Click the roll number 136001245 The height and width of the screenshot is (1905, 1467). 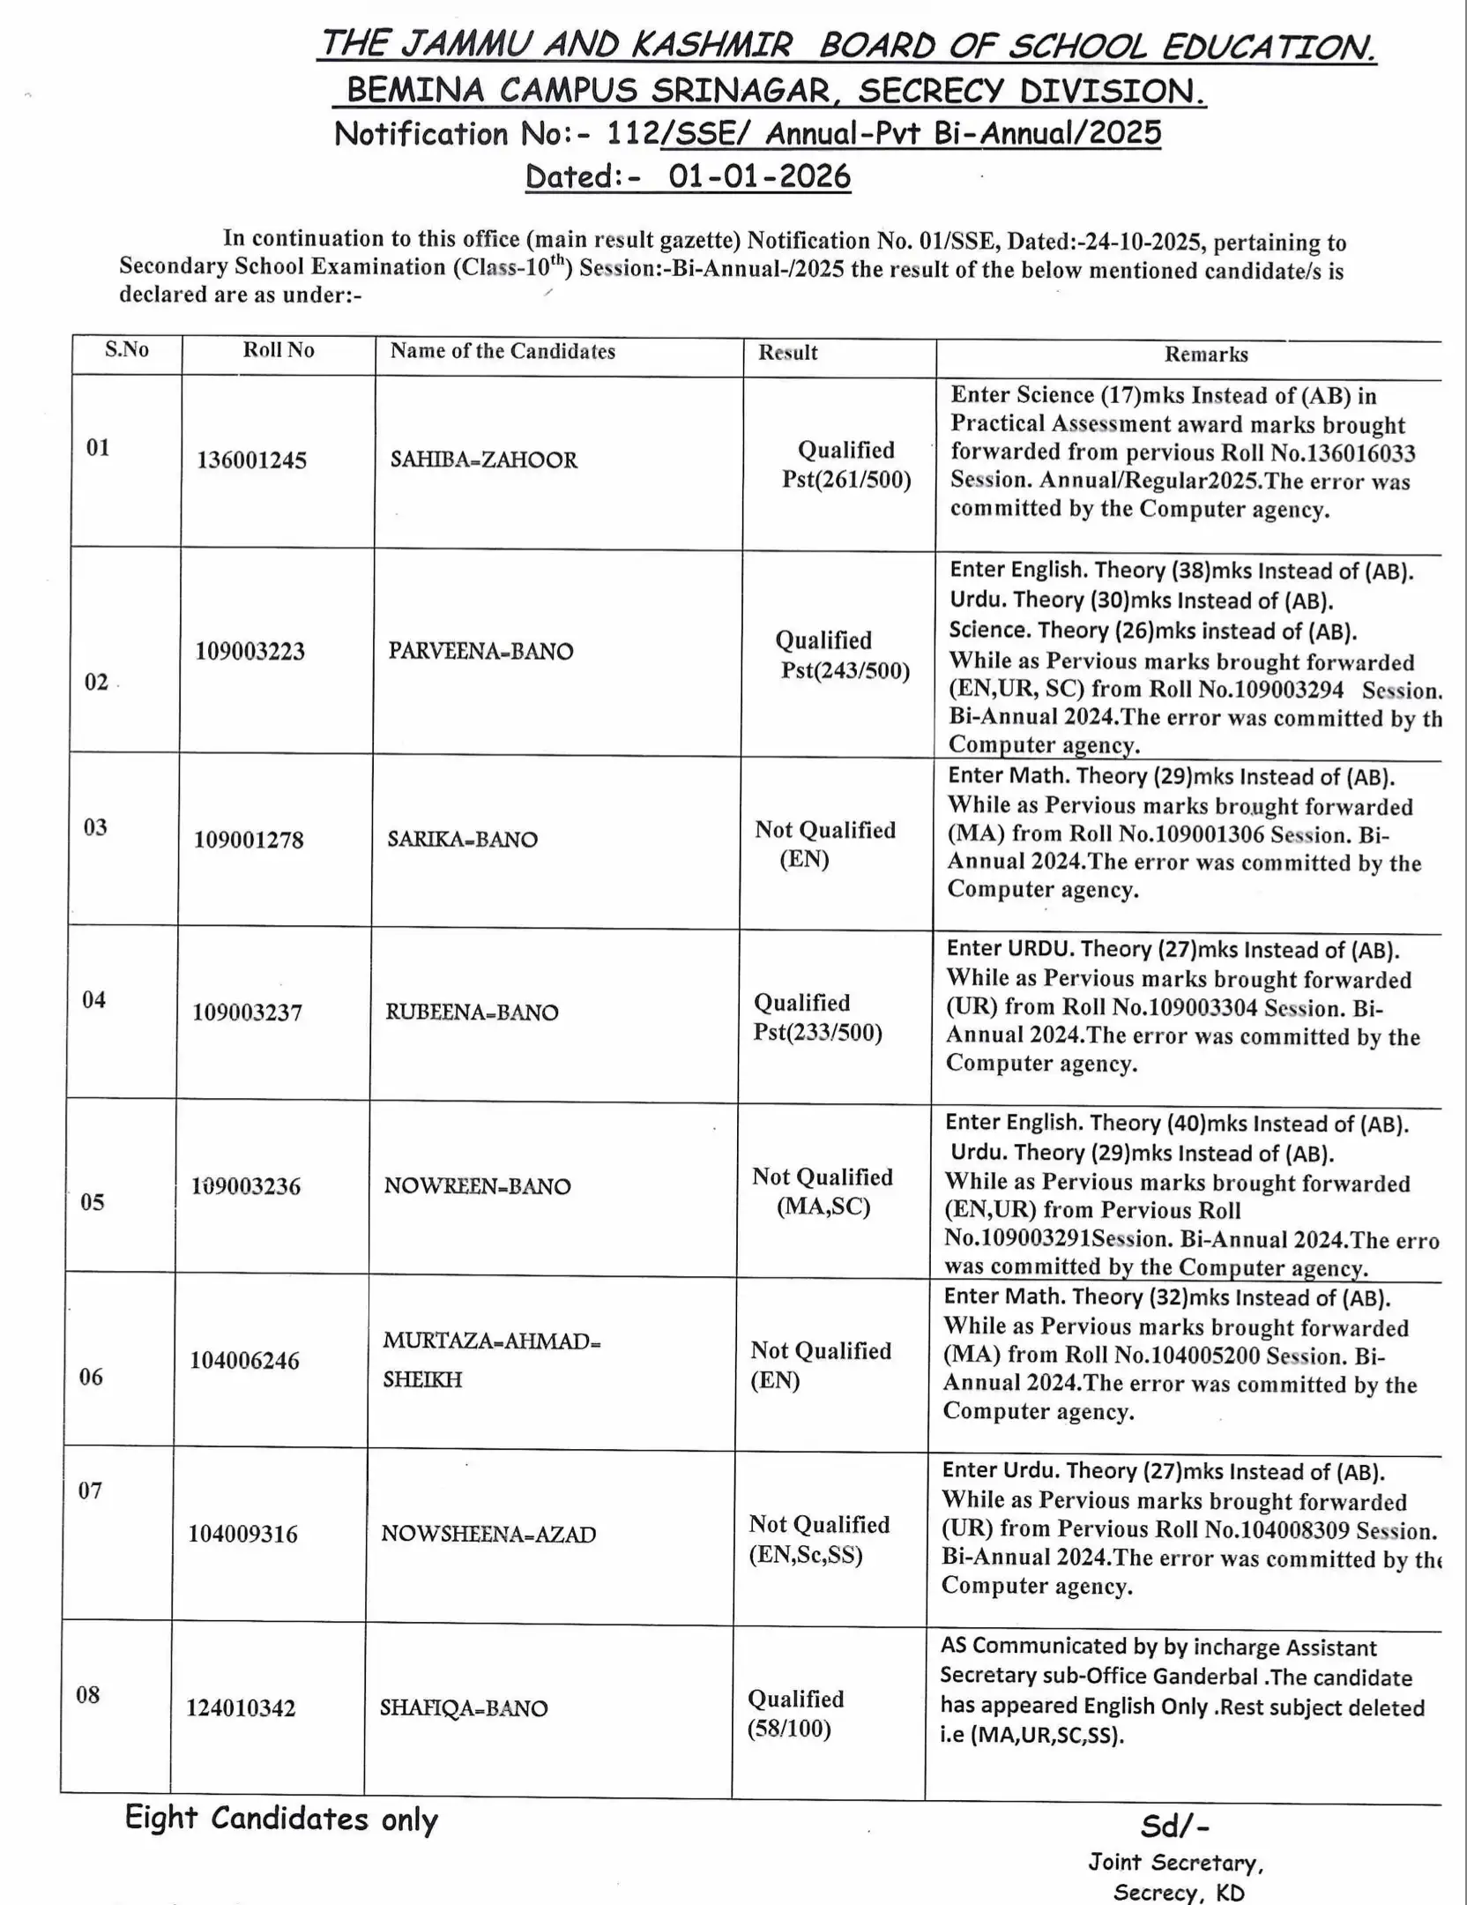[251, 460]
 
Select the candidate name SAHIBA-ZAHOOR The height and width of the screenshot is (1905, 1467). [483, 460]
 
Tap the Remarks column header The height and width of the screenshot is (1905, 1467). [1205, 355]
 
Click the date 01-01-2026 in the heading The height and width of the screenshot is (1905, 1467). [759, 176]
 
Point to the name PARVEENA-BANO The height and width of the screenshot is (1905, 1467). [480, 652]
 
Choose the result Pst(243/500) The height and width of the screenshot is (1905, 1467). [845, 671]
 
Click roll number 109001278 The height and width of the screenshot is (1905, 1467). [249, 840]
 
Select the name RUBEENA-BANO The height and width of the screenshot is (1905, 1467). [472, 1012]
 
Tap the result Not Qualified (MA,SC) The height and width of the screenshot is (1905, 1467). [822, 1192]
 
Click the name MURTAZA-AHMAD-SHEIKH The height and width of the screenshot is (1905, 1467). [490, 1359]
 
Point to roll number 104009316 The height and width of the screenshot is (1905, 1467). [242, 1534]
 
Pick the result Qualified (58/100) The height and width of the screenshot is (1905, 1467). [795, 1713]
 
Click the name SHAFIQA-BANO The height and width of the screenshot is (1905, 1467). [464, 1708]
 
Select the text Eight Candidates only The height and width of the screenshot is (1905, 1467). [280, 1819]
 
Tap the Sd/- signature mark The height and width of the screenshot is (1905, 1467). [1174, 1825]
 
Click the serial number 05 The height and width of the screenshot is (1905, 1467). [93, 1202]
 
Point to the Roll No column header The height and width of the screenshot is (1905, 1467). [279, 350]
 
